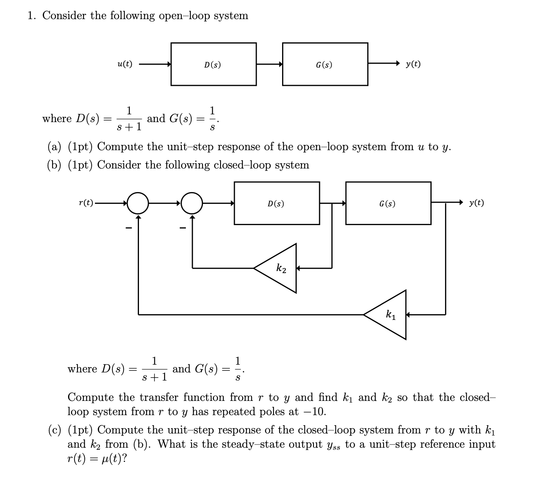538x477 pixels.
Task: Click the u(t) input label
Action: (x=124, y=64)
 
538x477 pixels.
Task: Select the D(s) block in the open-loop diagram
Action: (x=214, y=64)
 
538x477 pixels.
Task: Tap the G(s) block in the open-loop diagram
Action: (x=325, y=64)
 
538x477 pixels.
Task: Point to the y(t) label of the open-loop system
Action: (x=413, y=64)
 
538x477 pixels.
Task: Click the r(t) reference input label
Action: (x=86, y=203)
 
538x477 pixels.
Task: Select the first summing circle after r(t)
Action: (x=138, y=203)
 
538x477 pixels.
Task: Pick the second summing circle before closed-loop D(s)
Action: (x=192, y=203)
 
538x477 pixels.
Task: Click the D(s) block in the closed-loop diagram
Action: (x=277, y=203)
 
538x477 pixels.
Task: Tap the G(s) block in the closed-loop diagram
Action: (x=388, y=203)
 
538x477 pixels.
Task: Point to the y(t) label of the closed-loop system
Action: (x=476, y=203)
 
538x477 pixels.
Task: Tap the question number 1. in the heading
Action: (x=32, y=15)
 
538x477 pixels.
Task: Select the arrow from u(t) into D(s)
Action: (x=155, y=64)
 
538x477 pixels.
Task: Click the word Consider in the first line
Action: (x=64, y=15)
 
